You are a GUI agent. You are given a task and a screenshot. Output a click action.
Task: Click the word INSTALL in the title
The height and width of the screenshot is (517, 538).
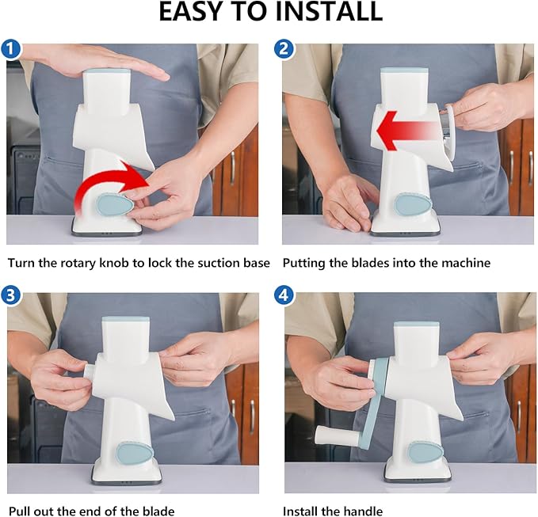pos(329,11)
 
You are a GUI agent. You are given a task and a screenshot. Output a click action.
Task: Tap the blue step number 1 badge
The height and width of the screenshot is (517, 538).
pos(10,49)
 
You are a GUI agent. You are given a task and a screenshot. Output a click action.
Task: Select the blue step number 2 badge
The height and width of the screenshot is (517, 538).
pos(284,49)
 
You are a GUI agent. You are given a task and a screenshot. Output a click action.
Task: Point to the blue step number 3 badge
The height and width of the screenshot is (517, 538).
pos(10,295)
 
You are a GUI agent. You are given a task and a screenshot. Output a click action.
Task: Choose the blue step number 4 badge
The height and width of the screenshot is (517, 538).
pos(284,295)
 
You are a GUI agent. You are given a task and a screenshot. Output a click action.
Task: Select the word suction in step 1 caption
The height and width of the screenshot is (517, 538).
pos(219,263)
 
